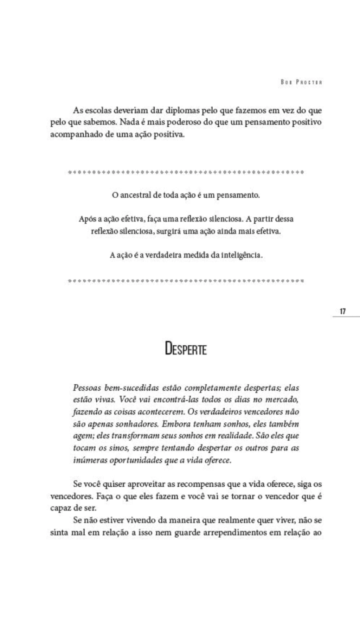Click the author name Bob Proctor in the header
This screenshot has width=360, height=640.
click(x=301, y=82)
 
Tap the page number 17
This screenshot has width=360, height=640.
click(x=343, y=311)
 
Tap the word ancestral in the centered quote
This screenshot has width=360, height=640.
click(x=135, y=195)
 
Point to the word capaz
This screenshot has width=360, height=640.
click(x=60, y=508)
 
